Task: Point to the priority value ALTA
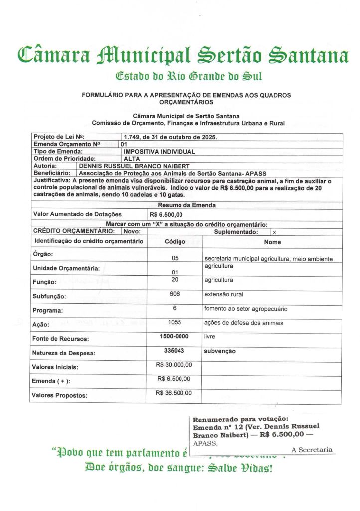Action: pyautogui.click(x=132, y=158)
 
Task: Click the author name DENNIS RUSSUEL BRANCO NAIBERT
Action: pyautogui.click(x=135, y=165)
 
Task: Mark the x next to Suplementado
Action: pyautogui.click(x=274, y=232)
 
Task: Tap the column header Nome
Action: pyautogui.click(x=272, y=242)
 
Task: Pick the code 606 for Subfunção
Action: pyautogui.click(x=175, y=294)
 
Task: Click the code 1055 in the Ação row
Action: pyautogui.click(x=175, y=322)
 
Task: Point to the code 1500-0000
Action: pyautogui.click(x=175, y=337)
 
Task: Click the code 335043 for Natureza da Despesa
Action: pyautogui.click(x=175, y=351)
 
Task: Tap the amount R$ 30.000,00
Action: pyautogui.click(x=175, y=365)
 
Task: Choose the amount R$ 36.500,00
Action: pyautogui.click(x=175, y=393)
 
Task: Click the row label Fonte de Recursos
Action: pyautogui.click(x=60, y=339)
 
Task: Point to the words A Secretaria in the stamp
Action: pyautogui.click(x=312, y=450)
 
